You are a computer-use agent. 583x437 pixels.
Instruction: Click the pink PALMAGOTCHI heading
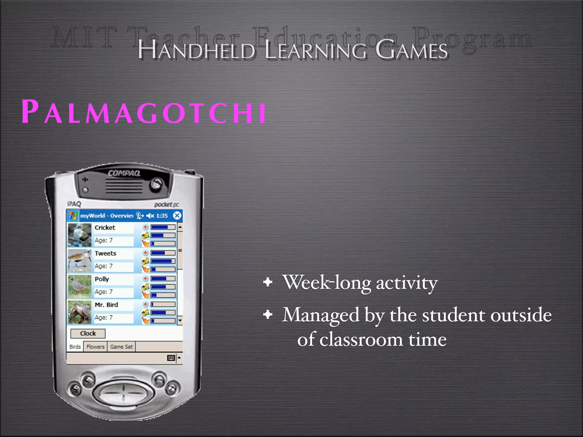tap(144, 112)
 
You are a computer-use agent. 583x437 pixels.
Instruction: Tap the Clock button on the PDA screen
tap(88, 333)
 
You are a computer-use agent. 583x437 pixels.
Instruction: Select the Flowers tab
tap(95, 347)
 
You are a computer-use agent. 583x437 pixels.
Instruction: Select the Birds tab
tap(75, 347)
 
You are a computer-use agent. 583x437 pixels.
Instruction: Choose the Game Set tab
tap(121, 347)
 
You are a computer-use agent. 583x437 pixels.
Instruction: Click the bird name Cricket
tap(105, 228)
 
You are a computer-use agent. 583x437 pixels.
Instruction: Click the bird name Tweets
tap(105, 253)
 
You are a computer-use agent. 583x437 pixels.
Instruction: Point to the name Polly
tap(102, 279)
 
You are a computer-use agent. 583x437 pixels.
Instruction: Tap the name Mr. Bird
tap(106, 305)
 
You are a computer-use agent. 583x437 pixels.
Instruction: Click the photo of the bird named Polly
tap(80, 286)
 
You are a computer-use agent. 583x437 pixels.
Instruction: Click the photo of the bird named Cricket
tap(80, 235)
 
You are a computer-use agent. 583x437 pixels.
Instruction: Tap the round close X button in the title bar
tap(177, 215)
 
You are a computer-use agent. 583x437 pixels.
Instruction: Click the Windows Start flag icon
tap(73, 215)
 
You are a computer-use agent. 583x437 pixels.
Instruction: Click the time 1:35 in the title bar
tap(162, 216)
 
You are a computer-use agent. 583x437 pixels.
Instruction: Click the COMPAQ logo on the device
tap(124, 173)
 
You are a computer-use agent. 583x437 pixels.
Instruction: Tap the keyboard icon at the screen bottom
tap(171, 358)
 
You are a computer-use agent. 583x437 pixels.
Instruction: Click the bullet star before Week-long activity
tap(268, 282)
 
